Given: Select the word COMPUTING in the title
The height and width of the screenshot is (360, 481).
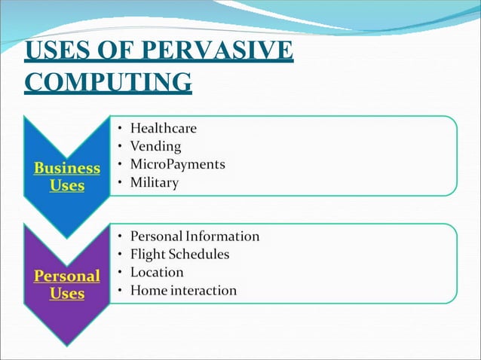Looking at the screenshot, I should coord(108,81).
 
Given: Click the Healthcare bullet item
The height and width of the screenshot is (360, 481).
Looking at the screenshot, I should coord(163,128).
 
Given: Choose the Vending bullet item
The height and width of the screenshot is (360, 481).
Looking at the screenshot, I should coord(155,146).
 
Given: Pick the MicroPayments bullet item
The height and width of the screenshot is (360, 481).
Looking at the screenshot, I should coord(177,164).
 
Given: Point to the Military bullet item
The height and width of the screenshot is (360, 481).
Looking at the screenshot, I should coord(155,182).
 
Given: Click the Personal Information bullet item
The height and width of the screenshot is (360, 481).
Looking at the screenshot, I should coord(195,236).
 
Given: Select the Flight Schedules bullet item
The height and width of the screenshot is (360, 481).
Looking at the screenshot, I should coord(179,254).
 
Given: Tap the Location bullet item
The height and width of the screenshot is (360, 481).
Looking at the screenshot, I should coord(157,272).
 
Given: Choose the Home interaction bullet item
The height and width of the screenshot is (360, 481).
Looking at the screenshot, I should coord(183,290).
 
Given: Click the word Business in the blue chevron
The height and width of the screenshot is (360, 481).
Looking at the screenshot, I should coord(67,167).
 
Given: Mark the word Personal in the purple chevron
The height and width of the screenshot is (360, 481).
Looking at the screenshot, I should coord(67,276).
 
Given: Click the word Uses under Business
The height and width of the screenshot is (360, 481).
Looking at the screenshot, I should coord(67,185).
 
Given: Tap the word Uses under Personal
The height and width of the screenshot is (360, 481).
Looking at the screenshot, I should coord(67,294).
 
